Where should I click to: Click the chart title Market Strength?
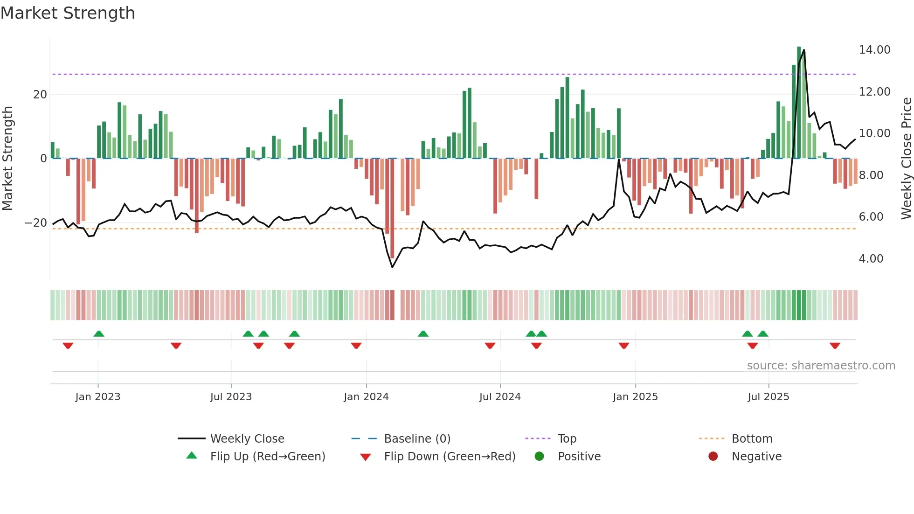(68, 13)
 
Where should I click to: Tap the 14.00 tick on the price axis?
(874, 50)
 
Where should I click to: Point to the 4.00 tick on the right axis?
(871, 259)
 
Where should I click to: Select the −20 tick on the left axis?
(36, 223)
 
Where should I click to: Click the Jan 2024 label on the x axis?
(366, 397)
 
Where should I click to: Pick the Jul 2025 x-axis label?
(768, 397)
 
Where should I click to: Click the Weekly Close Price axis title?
(906, 159)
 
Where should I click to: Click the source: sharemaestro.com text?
(821, 366)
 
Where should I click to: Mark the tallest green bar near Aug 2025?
(799, 103)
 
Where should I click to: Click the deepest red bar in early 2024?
(392, 208)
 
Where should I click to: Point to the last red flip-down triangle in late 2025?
(835, 346)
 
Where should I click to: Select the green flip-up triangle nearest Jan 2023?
(99, 333)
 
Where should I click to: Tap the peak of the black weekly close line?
(803, 50)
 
